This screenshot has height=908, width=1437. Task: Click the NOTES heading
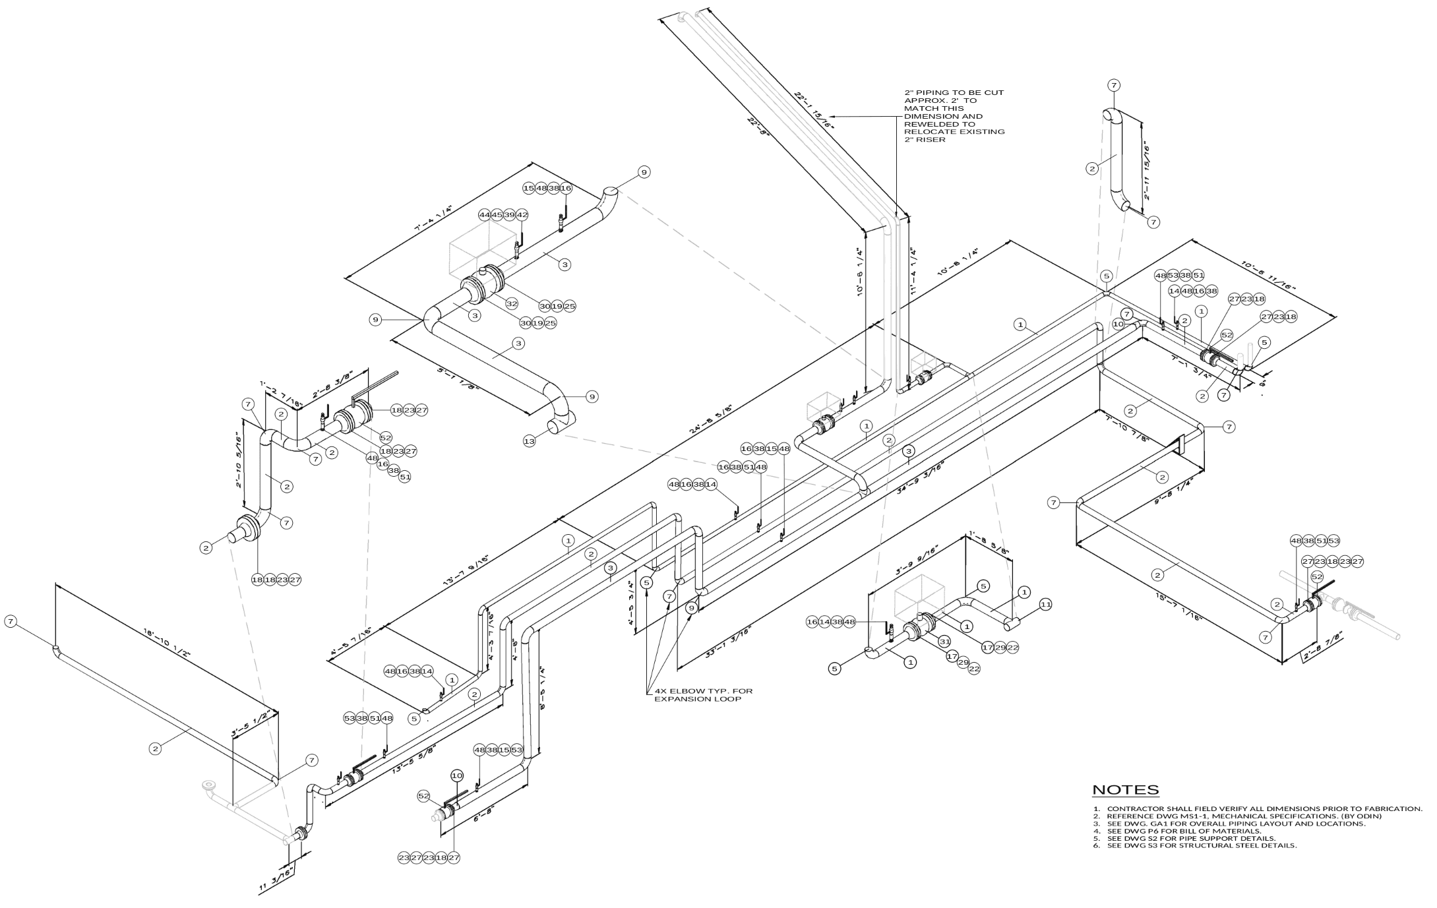pyautogui.click(x=1125, y=790)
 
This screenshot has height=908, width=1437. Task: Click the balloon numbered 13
pyautogui.click(x=530, y=442)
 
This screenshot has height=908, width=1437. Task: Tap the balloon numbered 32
pyautogui.click(x=512, y=304)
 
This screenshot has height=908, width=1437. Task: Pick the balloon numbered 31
pyautogui.click(x=944, y=641)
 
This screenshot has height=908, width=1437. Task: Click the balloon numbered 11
pyautogui.click(x=1045, y=604)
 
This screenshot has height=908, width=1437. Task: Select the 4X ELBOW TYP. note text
pyautogui.click(x=703, y=695)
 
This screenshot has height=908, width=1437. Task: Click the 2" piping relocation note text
pyautogui.click(x=954, y=116)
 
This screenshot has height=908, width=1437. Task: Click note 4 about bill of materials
pyautogui.click(x=1184, y=831)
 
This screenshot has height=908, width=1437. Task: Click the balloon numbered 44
pyautogui.click(x=485, y=215)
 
